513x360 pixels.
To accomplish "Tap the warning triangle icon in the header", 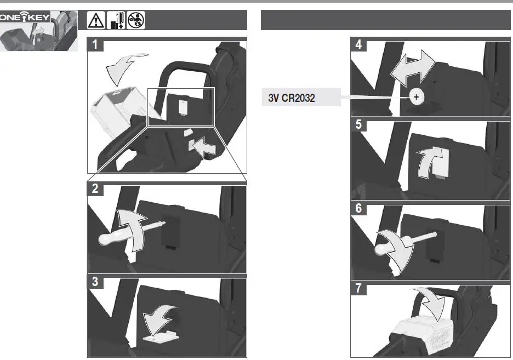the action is (96, 20).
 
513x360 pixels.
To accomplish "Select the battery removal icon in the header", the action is (116, 20).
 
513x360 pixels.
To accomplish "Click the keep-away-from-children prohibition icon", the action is (136, 20).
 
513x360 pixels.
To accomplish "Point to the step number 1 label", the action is (95, 44).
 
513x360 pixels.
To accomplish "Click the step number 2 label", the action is (95, 188).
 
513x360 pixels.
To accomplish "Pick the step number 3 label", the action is (95, 282).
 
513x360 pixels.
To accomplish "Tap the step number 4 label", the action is (358, 44).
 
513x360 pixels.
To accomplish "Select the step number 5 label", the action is (358, 124).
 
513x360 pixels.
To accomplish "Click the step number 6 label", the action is (358, 208).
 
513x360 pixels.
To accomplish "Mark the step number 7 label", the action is (358, 288).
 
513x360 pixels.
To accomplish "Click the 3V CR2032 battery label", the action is (292, 98).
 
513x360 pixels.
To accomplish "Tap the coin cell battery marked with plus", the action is (416, 97).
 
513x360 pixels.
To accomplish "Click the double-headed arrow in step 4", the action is (413, 68).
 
